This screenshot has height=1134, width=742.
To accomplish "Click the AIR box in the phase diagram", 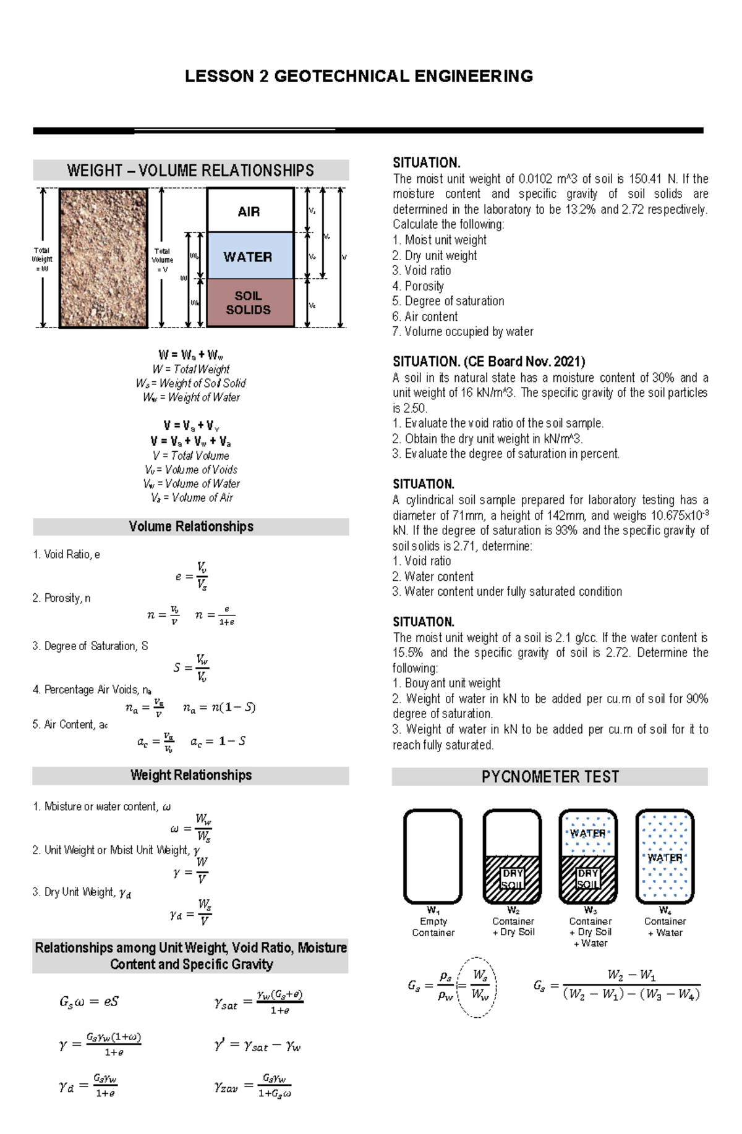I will click(x=250, y=211).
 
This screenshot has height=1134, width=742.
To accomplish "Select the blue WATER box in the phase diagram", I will click(x=250, y=256).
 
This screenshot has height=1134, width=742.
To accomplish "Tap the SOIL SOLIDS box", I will click(x=250, y=303).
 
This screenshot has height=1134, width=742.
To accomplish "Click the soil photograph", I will click(x=103, y=258).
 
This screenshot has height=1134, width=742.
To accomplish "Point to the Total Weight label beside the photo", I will click(x=42, y=260).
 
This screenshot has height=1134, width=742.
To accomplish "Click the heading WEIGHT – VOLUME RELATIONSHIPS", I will click(x=190, y=171).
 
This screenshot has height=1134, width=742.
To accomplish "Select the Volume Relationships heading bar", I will click(x=190, y=527).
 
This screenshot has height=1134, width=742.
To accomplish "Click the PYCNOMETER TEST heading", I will click(x=550, y=777).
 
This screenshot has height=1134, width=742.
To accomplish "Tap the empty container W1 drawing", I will click(x=433, y=857).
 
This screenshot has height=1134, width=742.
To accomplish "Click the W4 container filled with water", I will click(x=665, y=857).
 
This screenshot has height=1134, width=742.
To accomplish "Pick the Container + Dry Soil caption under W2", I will click(x=513, y=926).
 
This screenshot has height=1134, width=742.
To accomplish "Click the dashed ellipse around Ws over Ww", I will click(x=477, y=986).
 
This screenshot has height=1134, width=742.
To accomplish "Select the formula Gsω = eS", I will click(x=89, y=1001).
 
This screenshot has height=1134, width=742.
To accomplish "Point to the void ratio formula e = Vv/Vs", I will click(x=192, y=576).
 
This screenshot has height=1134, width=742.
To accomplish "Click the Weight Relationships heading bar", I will click(x=190, y=776).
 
